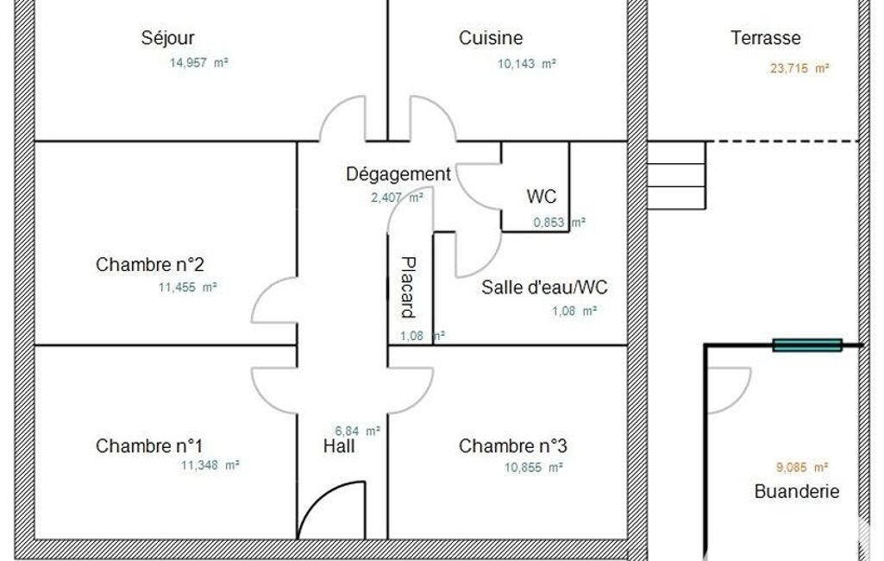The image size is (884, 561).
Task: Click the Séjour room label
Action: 167,38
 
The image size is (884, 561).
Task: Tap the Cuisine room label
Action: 491,38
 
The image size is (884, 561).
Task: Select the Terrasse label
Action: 766,38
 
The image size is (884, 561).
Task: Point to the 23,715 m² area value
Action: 799,68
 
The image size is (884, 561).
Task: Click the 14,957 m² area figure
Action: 199,63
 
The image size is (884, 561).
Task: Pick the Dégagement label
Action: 398,173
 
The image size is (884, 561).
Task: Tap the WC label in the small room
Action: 542,197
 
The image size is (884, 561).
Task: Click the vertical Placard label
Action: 408,287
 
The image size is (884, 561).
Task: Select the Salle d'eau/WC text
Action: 544,287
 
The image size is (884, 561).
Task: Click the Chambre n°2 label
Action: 149,264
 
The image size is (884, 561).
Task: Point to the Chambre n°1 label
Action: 149,446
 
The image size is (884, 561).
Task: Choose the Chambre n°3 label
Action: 512,446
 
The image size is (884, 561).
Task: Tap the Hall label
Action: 339,446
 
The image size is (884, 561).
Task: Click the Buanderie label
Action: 797,491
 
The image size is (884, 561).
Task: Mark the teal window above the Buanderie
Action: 807,345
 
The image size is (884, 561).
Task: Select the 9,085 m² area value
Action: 802,467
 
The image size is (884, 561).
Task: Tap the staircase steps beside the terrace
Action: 676,175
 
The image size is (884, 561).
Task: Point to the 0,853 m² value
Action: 559,223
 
